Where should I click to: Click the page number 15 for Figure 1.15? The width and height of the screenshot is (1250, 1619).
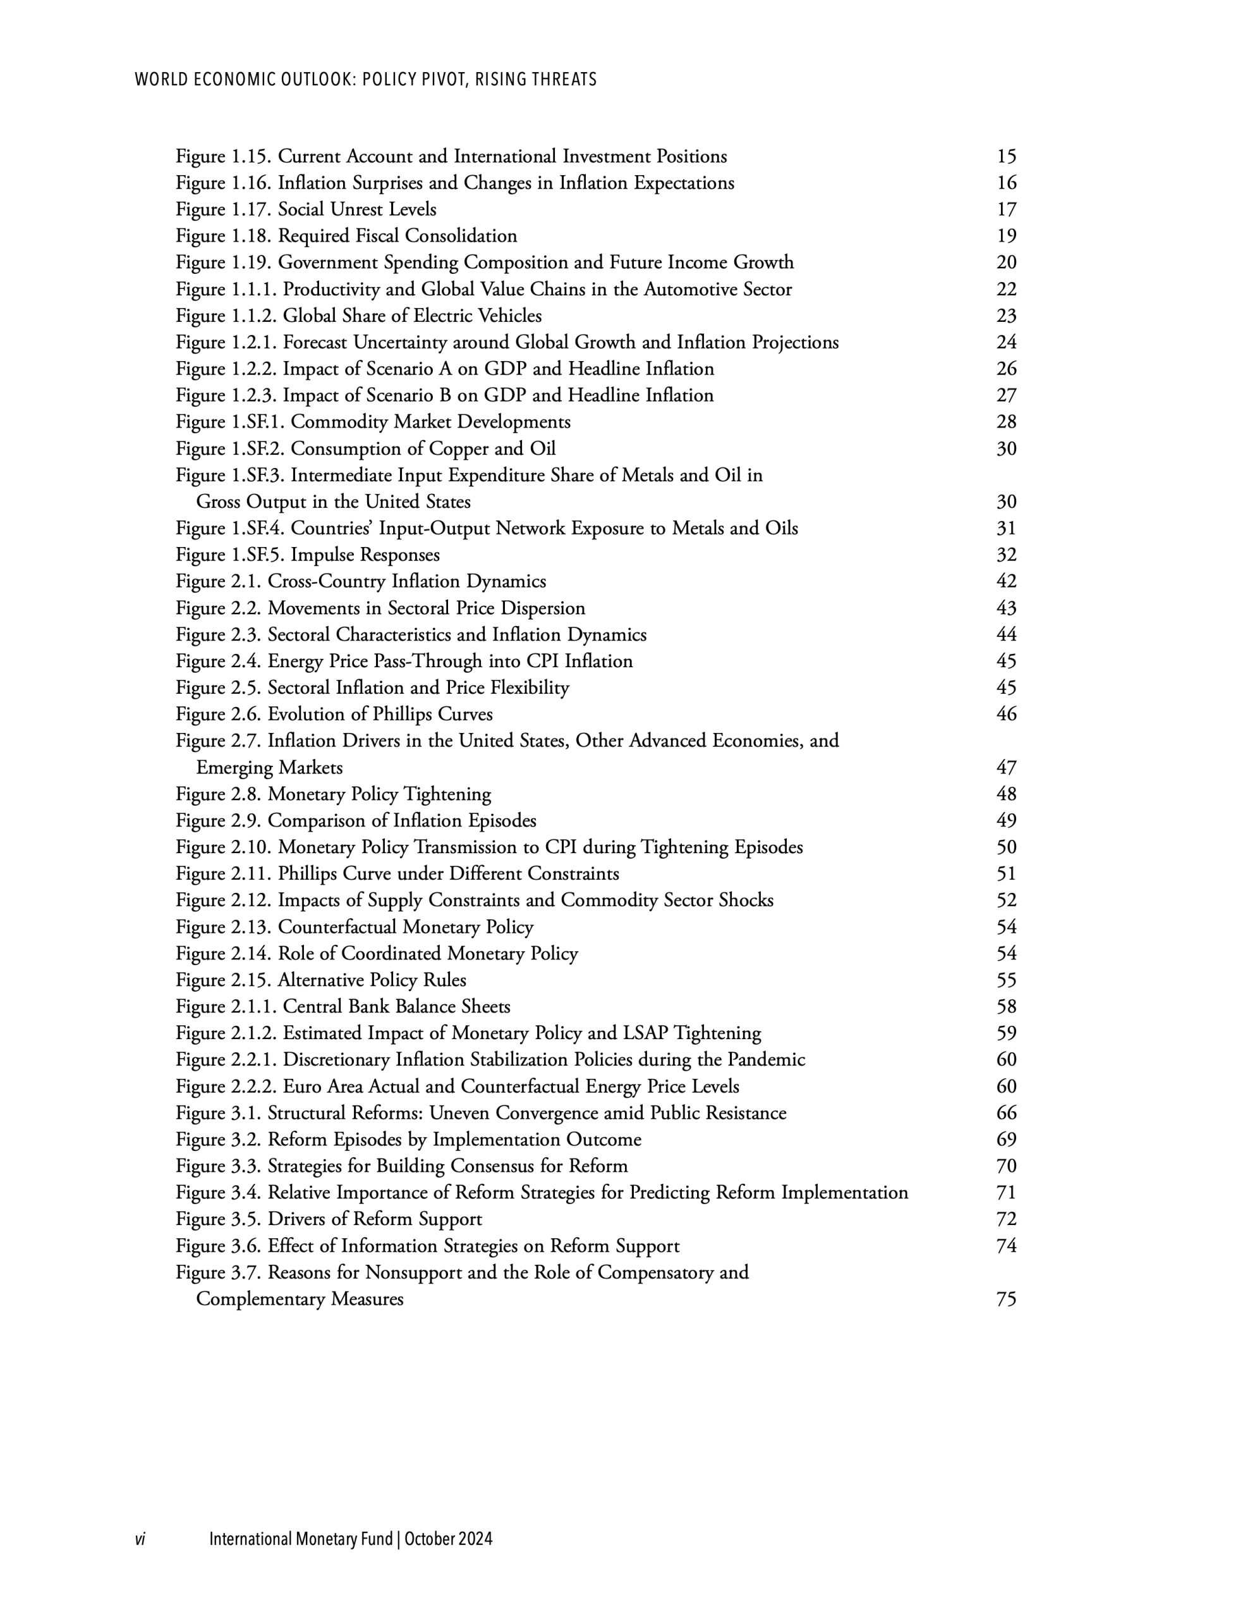pyautogui.click(x=1006, y=156)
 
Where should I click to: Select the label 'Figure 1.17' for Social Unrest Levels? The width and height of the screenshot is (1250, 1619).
pyautogui.click(x=224, y=210)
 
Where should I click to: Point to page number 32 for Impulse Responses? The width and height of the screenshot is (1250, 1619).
pyautogui.click(x=1006, y=555)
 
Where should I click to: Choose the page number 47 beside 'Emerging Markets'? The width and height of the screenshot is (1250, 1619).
pyautogui.click(x=1006, y=767)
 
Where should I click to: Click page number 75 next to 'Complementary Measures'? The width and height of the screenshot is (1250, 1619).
pyautogui.click(x=1006, y=1300)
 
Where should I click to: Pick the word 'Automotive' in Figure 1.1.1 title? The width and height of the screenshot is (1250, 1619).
pyautogui.click(x=691, y=289)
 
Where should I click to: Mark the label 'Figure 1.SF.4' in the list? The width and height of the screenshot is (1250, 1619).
pyautogui.click(x=231, y=529)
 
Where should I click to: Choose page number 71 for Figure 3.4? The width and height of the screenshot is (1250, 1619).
pyautogui.click(x=1006, y=1193)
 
